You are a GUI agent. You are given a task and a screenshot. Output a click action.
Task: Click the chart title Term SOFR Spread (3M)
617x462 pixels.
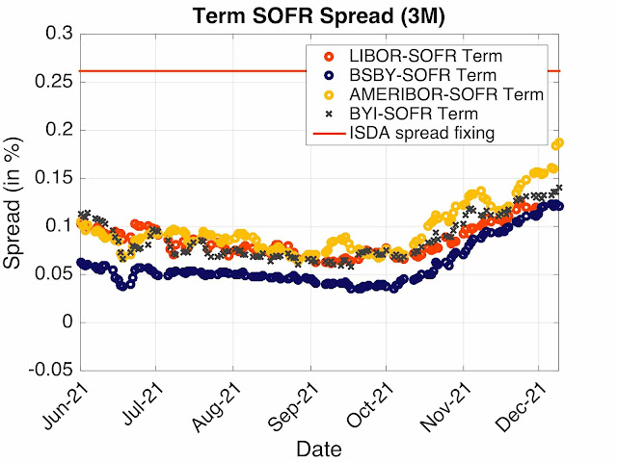coord(319,15)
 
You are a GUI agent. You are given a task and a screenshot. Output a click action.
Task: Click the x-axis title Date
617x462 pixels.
coord(319,449)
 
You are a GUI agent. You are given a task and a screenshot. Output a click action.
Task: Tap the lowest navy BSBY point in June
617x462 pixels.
coord(122,286)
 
